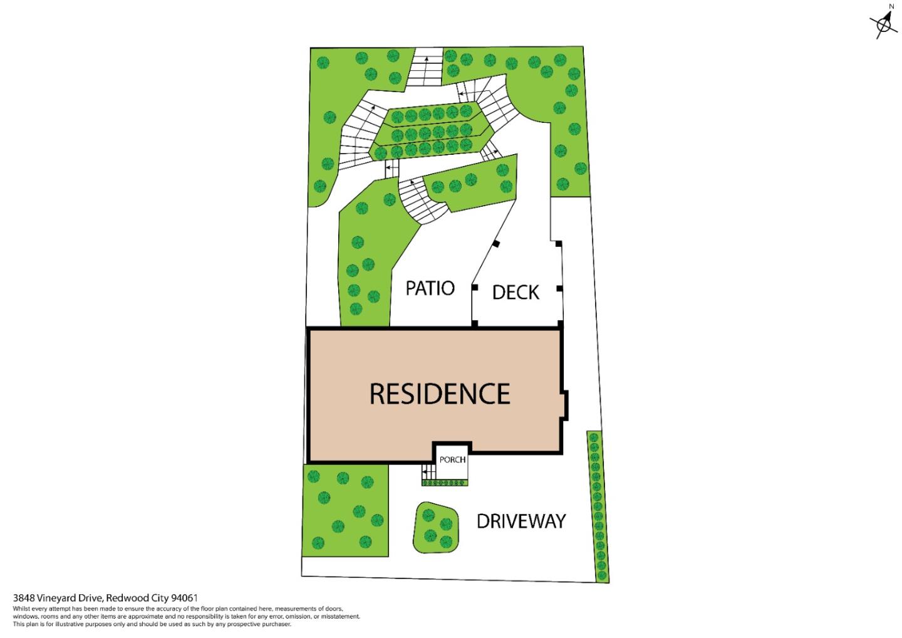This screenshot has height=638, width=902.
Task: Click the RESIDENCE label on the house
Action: [x=440, y=394]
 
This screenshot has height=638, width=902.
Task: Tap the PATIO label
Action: [x=430, y=288]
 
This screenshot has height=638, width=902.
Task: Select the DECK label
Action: [x=516, y=292]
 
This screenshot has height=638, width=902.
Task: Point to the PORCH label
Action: [x=452, y=459]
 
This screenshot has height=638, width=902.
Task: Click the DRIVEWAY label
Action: [x=521, y=521]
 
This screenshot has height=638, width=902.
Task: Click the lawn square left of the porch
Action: [x=345, y=510]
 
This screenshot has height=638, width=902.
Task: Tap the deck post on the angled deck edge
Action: [x=495, y=244]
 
